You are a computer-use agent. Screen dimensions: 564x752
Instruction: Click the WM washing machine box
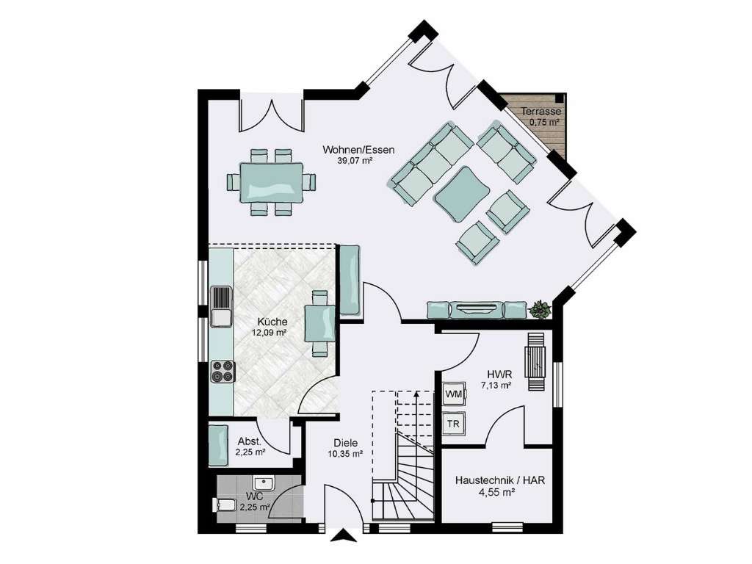point(454,394)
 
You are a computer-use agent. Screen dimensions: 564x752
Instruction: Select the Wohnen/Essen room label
point(358,150)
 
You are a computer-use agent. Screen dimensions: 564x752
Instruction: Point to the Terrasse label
point(541,112)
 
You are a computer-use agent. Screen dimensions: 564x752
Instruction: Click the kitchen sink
point(220,305)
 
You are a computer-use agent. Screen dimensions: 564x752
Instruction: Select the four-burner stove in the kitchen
point(222,372)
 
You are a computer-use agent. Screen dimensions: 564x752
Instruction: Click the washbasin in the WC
point(263,483)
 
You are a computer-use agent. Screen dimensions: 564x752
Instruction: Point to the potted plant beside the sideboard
point(540,309)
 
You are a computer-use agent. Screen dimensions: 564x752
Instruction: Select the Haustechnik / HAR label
point(500,480)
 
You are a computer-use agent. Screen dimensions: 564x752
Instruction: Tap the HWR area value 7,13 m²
point(496,385)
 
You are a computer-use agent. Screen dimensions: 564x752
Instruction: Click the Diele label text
point(345,443)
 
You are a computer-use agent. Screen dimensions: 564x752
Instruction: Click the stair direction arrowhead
point(416,394)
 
